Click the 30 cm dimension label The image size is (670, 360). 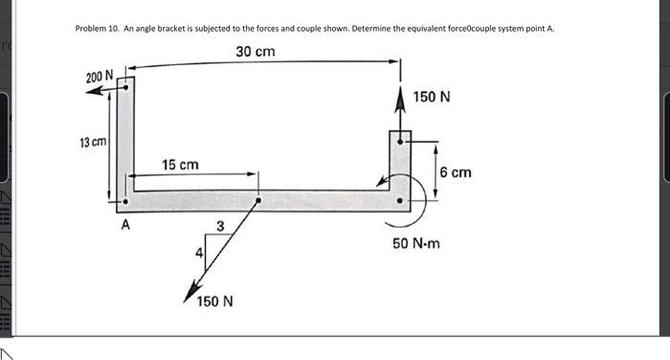click(256, 51)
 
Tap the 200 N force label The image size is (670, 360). click(99, 76)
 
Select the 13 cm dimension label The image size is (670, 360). click(93, 143)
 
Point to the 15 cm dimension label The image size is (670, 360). click(180, 166)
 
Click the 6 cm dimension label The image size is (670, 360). click(456, 172)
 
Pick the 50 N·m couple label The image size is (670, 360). click(417, 243)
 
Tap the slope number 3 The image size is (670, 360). click(220, 227)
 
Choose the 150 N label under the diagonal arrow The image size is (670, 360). click(214, 302)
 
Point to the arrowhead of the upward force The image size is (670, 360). click(401, 93)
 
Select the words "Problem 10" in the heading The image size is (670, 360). click(96, 30)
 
